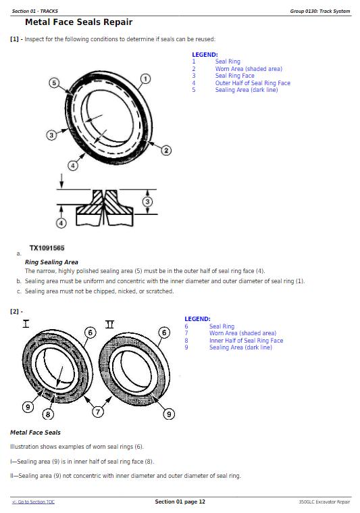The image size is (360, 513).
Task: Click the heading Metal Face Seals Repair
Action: [x=78, y=22]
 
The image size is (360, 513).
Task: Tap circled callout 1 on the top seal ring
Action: [x=145, y=79]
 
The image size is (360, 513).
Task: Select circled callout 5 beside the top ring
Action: [x=54, y=82]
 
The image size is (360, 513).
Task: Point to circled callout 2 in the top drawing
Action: [x=166, y=151]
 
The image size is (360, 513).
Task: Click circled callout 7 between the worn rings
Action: [x=98, y=412]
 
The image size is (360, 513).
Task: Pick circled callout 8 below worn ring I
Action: [x=48, y=414]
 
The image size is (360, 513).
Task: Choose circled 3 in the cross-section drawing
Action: [x=147, y=201]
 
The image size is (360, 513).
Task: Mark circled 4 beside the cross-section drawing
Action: [x=61, y=223]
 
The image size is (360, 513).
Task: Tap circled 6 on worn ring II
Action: [x=164, y=333]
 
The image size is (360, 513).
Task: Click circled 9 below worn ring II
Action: [x=169, y=414]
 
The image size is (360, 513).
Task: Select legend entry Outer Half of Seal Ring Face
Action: [x=253, y=83]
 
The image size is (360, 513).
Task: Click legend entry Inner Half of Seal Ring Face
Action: [x=247, y=341]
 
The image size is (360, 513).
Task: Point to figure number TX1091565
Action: [x=47, y=248]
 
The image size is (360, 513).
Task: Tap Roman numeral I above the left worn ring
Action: [x=26, y=324]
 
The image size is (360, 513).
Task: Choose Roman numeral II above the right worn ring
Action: [x=109, y=324]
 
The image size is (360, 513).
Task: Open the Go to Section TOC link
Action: [x=33, y=502]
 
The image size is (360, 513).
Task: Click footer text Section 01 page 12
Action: [x=180, y=502]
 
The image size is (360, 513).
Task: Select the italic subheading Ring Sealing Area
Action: [x=51, y=262]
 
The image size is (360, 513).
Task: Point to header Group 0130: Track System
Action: [x=319, y=11]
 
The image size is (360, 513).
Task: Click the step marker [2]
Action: [x=15, y=311]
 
